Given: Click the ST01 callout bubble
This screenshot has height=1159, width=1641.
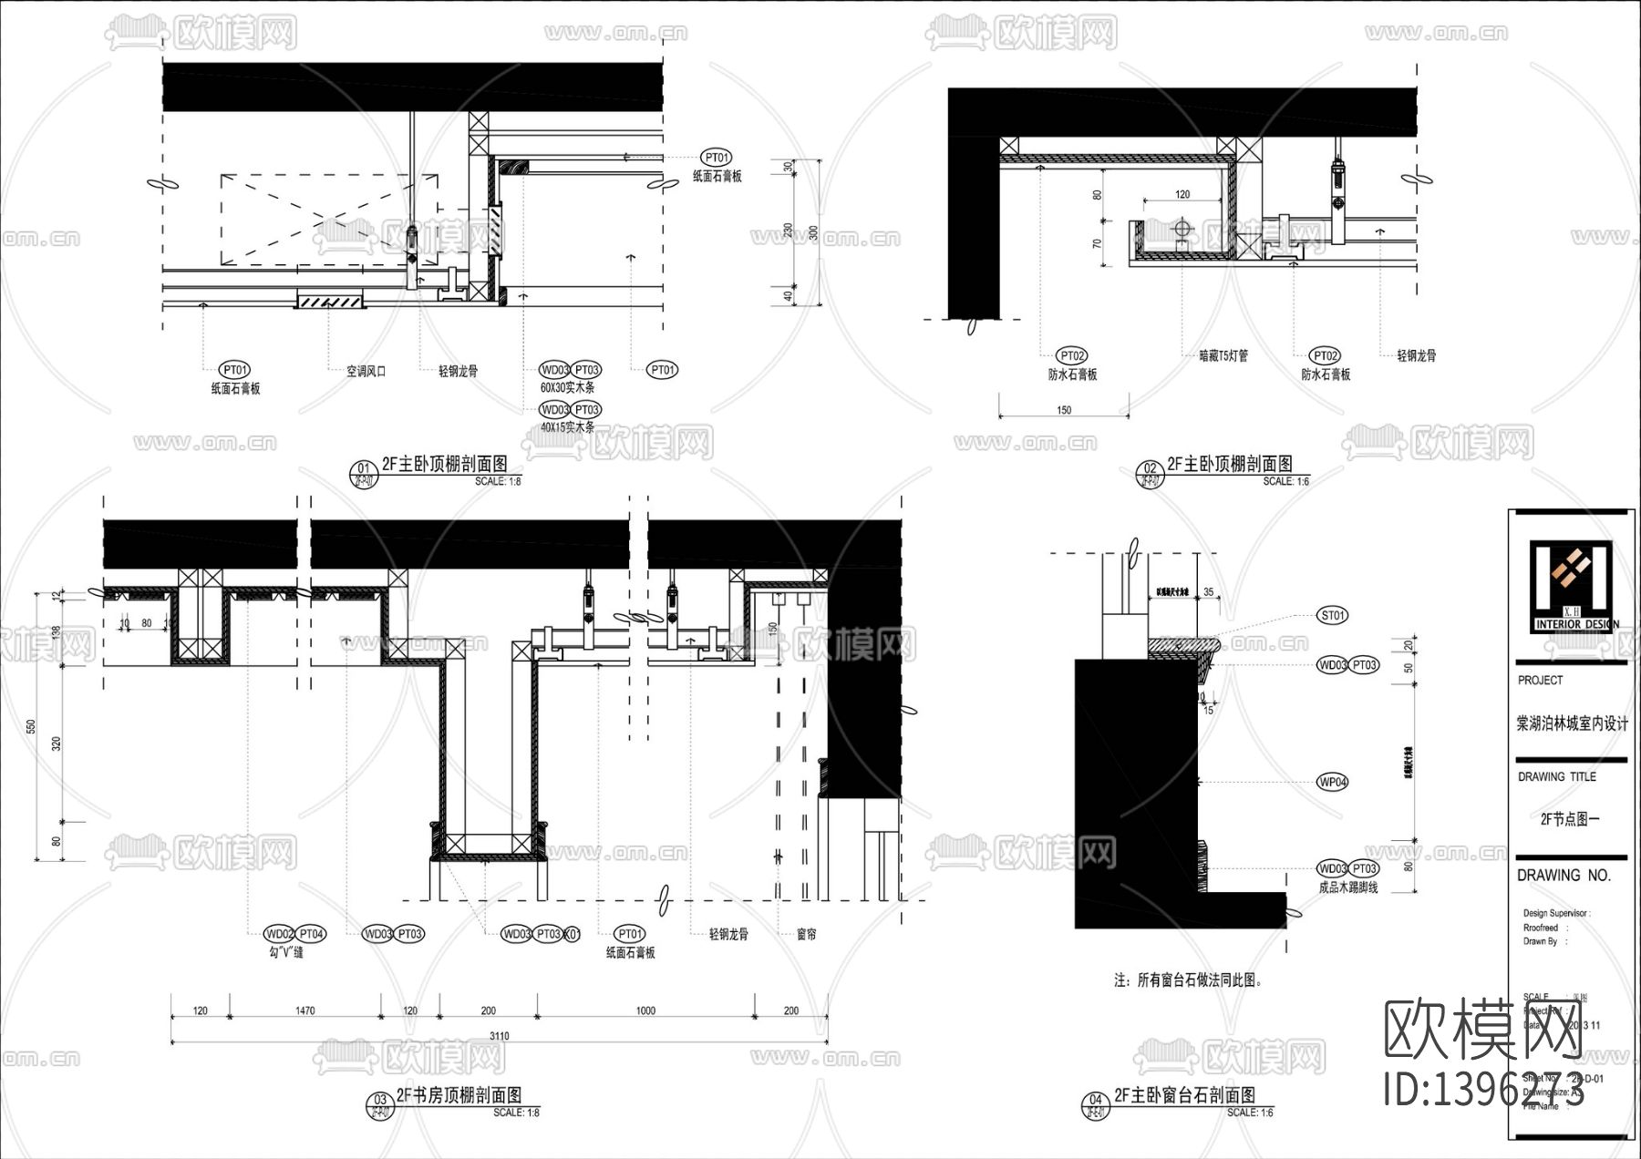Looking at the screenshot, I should click(1333, 616).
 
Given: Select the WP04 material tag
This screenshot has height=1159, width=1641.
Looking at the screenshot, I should click(1333, 782).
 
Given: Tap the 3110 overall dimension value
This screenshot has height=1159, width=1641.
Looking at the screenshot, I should click(499, 1036).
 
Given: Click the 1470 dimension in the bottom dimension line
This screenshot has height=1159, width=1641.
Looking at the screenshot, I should click(304, 1010).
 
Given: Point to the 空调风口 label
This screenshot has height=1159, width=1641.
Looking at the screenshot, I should click(366, 372).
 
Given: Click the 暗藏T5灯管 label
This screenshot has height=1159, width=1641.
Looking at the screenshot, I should click(1223, 356).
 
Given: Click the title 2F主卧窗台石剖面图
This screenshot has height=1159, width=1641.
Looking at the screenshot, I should click(1184, 1095).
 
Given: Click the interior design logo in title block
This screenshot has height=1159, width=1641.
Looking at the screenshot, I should click(1571, 587).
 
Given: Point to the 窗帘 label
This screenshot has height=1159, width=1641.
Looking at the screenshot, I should click(806, 934).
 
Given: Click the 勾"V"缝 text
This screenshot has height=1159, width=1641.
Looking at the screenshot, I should click(285, 952).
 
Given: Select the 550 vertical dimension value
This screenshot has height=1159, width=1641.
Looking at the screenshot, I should click(31, 726).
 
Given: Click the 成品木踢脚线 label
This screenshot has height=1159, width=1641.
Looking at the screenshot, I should click(1348, 887).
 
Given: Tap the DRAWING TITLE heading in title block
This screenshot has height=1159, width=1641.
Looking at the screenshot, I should click(1556, 777).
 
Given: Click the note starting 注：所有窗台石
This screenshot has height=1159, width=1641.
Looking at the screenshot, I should click(1187, 980).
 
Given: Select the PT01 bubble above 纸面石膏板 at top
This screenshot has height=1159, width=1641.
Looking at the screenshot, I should click(717, 158).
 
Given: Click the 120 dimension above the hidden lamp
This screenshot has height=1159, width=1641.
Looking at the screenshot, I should click(1182, 194).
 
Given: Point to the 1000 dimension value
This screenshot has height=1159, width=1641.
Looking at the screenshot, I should click(645, 1010).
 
